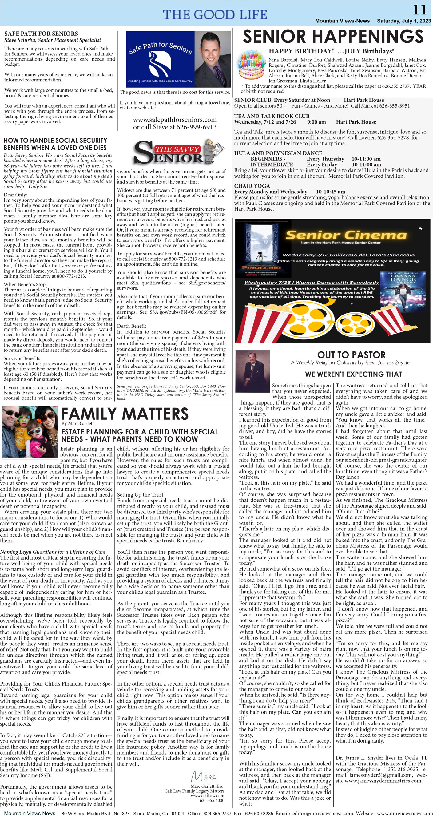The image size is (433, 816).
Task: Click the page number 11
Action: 420,10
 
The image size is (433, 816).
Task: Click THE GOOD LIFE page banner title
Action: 215,14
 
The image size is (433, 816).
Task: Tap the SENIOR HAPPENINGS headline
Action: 333,36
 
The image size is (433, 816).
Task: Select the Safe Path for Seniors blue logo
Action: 160,59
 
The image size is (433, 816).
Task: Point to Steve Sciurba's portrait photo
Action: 213,59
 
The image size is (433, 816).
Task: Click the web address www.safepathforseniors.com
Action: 175,120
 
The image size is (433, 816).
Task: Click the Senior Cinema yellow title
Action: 346,235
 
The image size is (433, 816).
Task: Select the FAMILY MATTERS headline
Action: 125,414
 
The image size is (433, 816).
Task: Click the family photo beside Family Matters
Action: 30,431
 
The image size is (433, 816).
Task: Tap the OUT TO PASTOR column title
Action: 351,355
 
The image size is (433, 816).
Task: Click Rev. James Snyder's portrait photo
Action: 252,371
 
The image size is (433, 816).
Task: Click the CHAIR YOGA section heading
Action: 252,186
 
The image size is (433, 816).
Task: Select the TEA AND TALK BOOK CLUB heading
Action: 272,116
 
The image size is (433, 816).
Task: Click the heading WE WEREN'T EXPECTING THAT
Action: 353,374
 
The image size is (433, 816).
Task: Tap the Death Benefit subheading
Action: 131,326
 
